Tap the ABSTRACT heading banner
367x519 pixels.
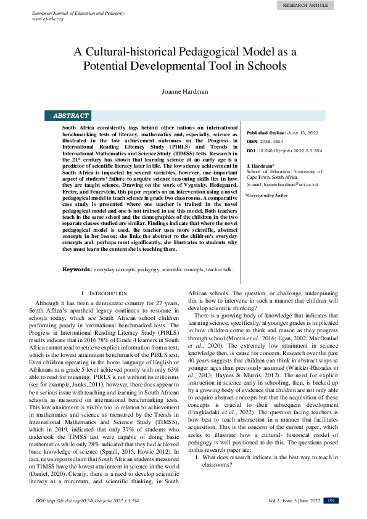pos(71,115)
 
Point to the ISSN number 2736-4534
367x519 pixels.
pos(275,141)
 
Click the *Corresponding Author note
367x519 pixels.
pos(266,195)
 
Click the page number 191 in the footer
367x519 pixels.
pos(331,501)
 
